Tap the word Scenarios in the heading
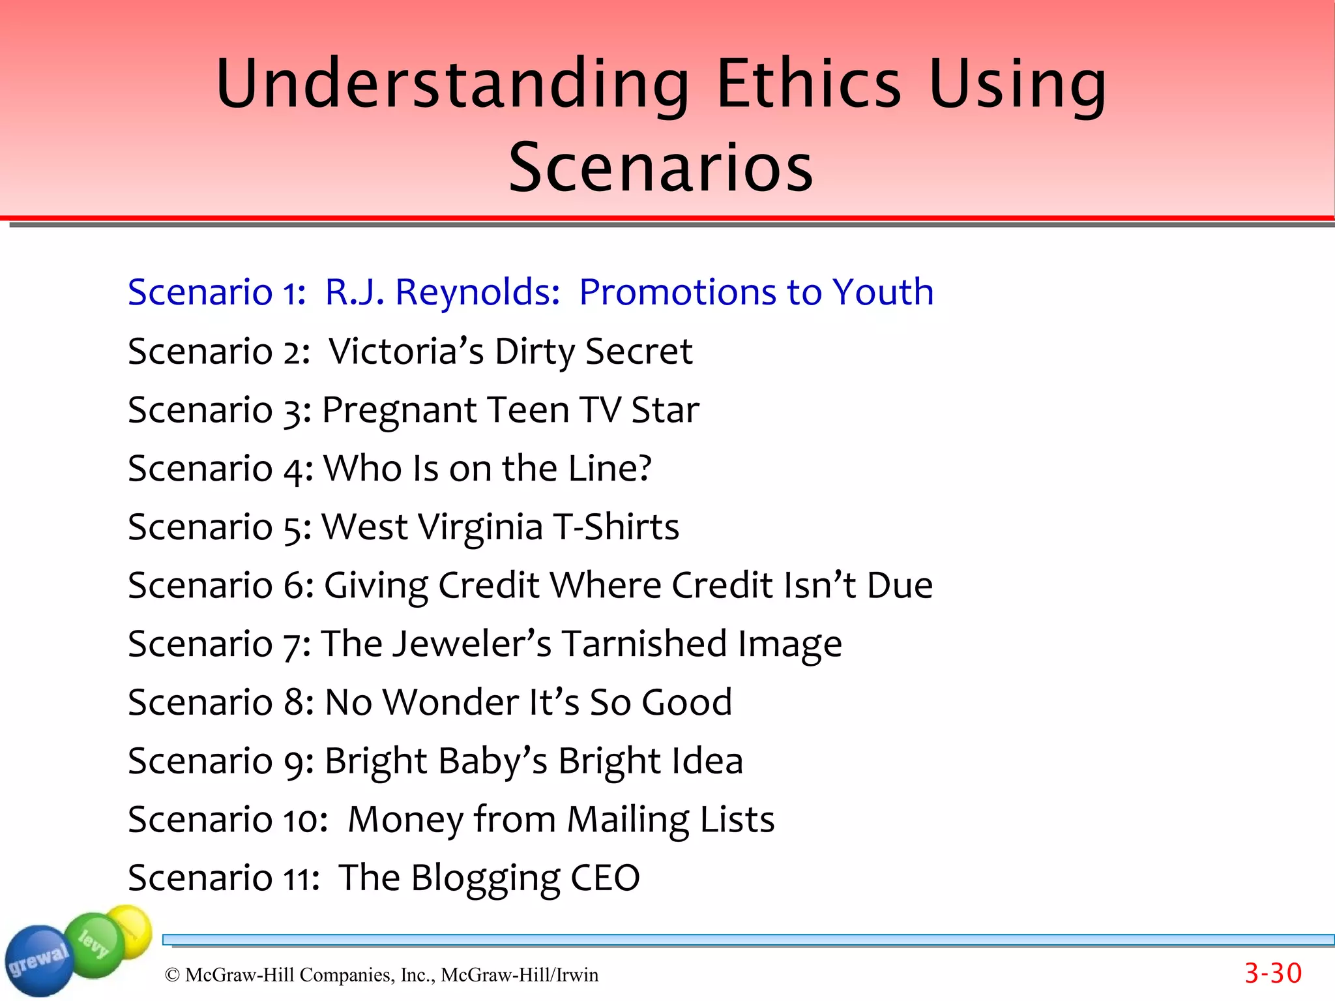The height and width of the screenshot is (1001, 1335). coord(661,168)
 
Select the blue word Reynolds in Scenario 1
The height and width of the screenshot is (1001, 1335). coord(477,291)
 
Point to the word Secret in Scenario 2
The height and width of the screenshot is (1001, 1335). coord(638,351)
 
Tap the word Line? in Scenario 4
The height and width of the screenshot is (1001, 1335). coord(609,468)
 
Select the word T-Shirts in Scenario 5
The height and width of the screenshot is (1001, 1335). coord(615,527)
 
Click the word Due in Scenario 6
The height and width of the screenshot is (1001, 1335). coord(900,585)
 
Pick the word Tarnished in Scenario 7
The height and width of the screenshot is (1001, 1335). coord(644,644)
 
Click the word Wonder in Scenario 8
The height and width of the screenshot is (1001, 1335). coord(450,702)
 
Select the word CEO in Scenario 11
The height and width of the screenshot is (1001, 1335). coord(605,878)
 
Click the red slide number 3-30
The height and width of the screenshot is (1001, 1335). coord(1272,974)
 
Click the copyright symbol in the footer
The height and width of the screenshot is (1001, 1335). coord(172,975)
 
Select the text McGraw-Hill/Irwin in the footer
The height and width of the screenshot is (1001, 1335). coord(519,975)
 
